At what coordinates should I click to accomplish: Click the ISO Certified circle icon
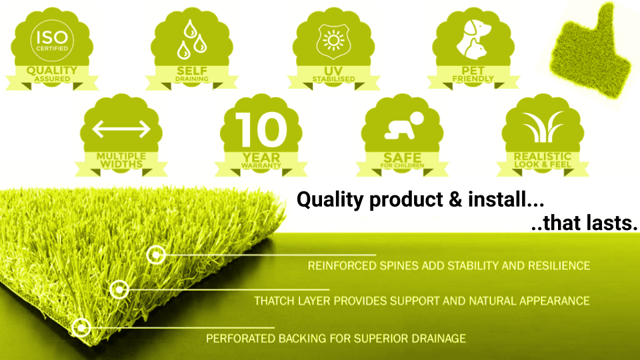point(52,41)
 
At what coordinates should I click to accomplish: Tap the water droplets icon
point(191,39)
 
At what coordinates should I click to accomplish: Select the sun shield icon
point(333,40)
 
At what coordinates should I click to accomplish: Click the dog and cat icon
point(473,39)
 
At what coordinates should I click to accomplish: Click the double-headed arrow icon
point(121,129)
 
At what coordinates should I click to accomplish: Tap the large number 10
point(261,129)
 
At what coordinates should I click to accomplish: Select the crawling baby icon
point(404,126)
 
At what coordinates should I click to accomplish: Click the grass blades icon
point(543,127)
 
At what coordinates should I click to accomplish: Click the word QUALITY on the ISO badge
point(52,71)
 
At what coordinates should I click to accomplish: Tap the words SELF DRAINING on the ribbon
point(192,74)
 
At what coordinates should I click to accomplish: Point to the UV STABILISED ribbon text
point(333,74)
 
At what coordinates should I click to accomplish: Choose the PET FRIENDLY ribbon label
point(473,74)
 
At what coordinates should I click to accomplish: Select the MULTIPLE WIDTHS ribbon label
point(121,161)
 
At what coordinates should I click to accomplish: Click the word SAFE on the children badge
point(403,157)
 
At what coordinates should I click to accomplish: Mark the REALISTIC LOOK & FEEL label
point(543,160)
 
